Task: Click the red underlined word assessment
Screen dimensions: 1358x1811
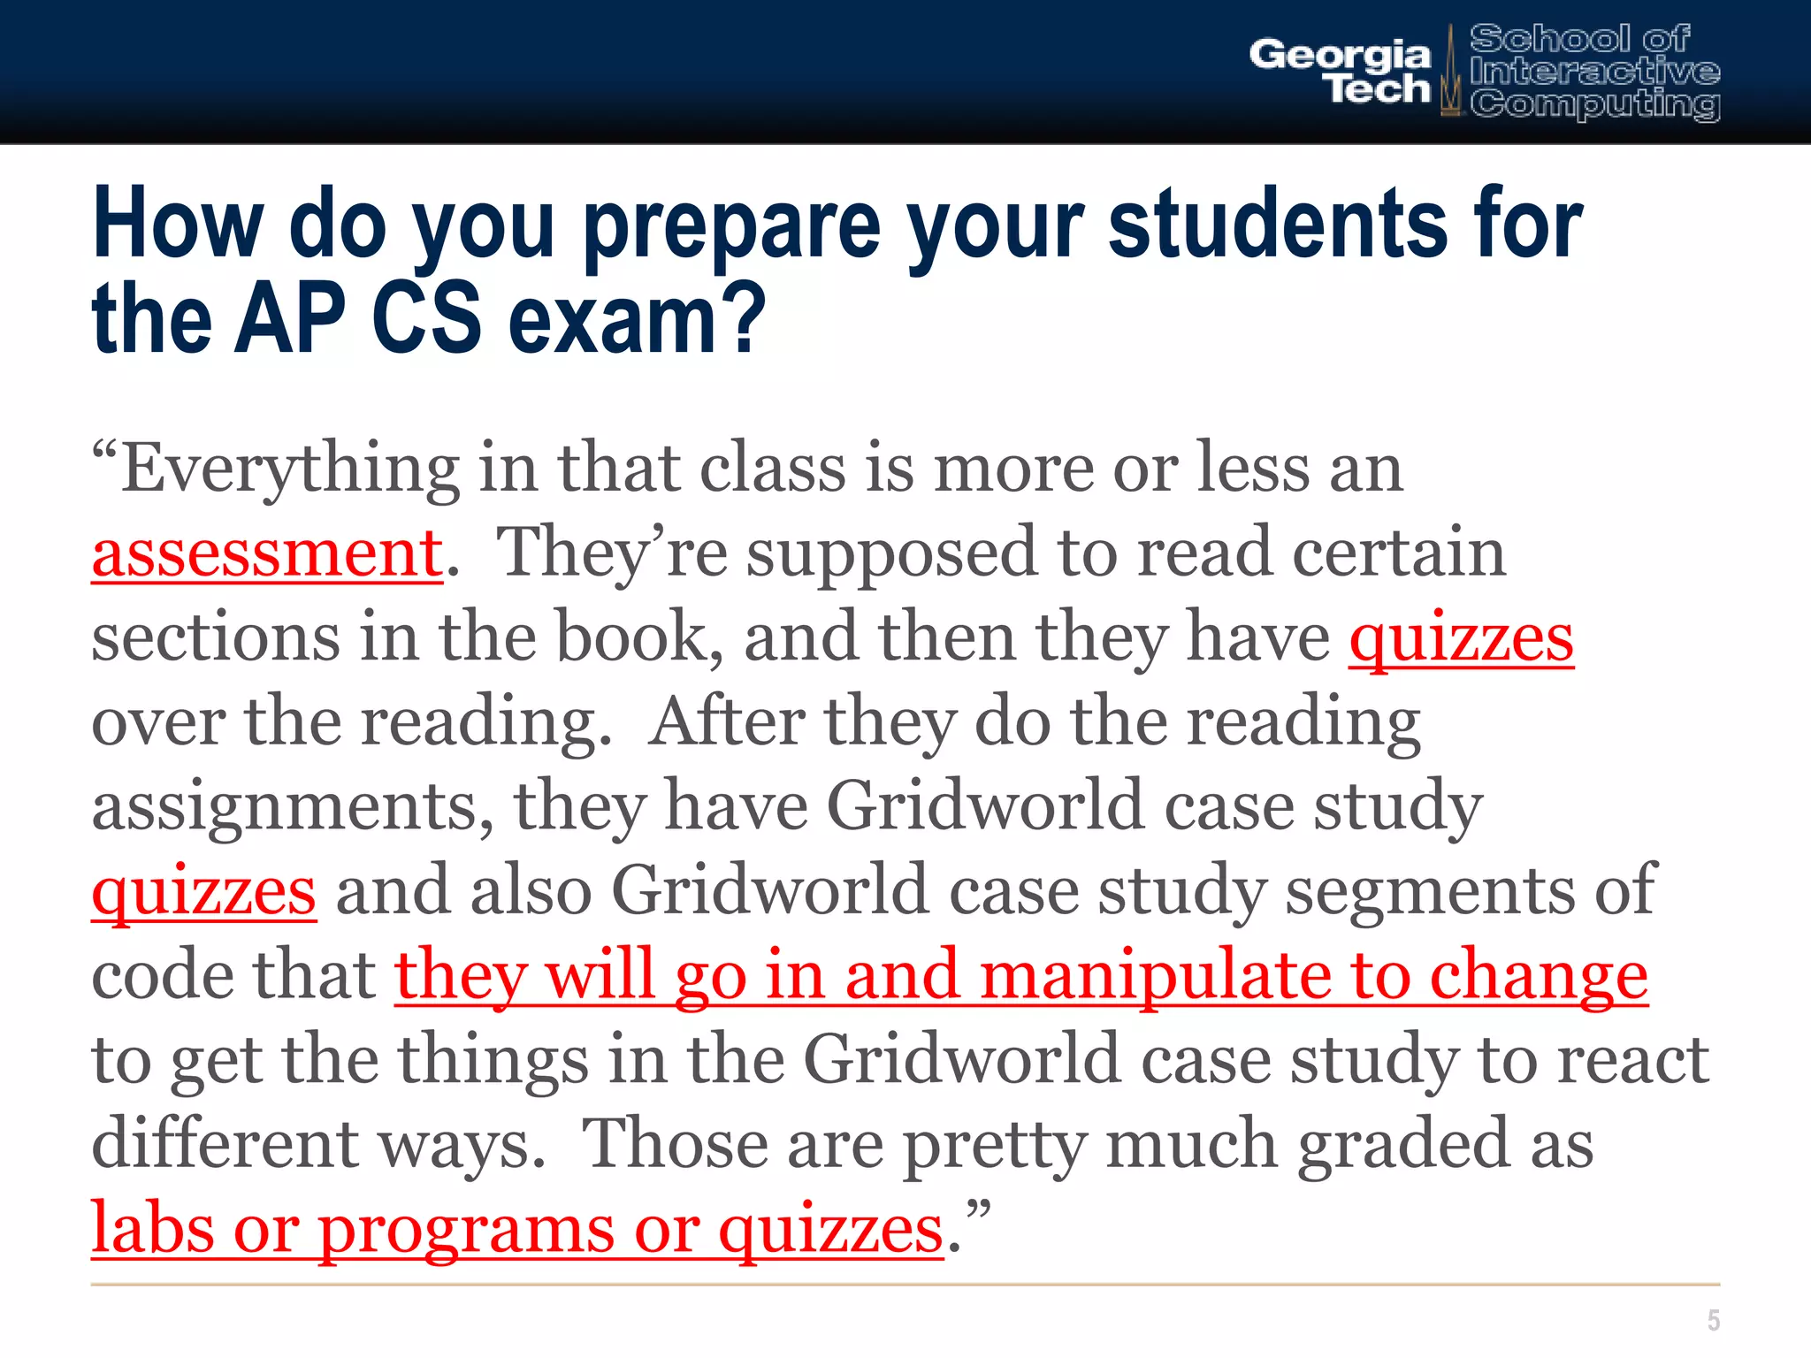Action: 267,553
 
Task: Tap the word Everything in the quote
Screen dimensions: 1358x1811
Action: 289,469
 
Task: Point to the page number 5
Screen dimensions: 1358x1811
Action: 1713,1320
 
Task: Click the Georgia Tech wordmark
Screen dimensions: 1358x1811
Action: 1340,71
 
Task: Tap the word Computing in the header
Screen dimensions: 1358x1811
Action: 1594,104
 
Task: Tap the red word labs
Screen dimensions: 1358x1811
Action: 152,1228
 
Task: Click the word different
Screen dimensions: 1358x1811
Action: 225,1144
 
